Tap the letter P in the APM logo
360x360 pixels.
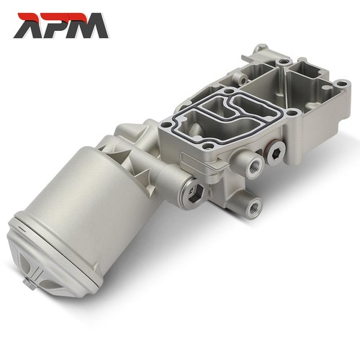point(57,26)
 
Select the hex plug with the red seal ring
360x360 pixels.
point(274,153)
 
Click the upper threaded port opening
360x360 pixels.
point(253,166)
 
